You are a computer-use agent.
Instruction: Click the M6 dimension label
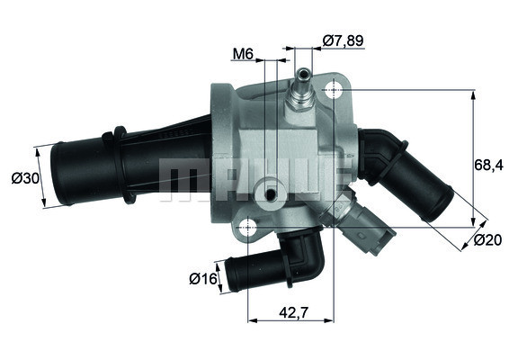pos(242,54)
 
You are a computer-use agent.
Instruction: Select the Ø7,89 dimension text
pos(342,40)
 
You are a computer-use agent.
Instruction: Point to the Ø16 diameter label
pos(204,279)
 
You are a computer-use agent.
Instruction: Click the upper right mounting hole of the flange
pos(335,90)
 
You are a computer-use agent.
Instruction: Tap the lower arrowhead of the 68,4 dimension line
pos(474,220)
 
